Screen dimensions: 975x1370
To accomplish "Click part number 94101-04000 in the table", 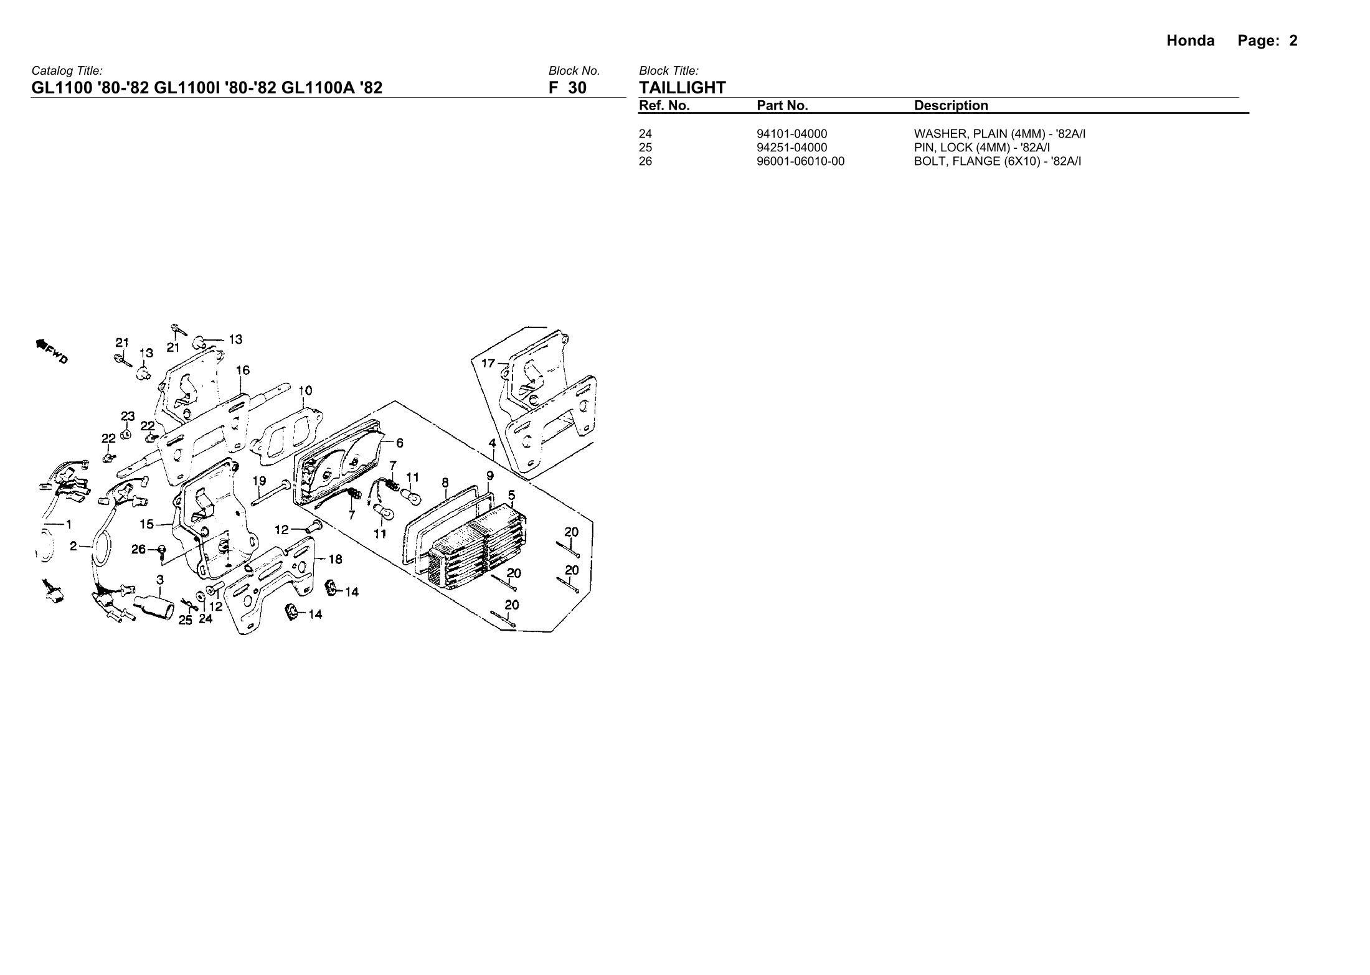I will (792, 134).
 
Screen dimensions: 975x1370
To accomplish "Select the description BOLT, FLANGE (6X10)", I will (997, 162).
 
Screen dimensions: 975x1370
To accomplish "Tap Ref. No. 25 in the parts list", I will (646, 148).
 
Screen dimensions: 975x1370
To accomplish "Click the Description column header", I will (950, 106).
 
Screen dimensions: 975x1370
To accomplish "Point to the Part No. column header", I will (782, 106).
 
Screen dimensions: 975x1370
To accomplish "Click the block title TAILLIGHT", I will (683, 88).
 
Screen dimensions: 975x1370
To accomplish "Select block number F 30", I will (567, 88).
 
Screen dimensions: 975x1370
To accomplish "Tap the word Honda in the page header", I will (1190, 41).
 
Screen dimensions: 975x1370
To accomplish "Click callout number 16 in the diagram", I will (242, 370).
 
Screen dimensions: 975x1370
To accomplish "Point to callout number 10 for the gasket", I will (305, 391).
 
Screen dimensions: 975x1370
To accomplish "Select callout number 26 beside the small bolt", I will (138, 549).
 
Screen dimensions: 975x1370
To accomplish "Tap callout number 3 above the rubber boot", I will (160, 580).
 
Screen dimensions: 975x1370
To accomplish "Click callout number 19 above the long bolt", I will (259, 481).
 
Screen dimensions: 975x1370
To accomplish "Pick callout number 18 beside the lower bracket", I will (335, 559).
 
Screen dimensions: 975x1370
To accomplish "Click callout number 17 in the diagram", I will (488, 363).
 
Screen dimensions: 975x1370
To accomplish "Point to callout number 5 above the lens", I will (511, 496).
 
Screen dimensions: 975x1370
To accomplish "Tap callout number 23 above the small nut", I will (127, 416).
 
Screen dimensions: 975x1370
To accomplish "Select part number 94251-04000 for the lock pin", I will (792, 148).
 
